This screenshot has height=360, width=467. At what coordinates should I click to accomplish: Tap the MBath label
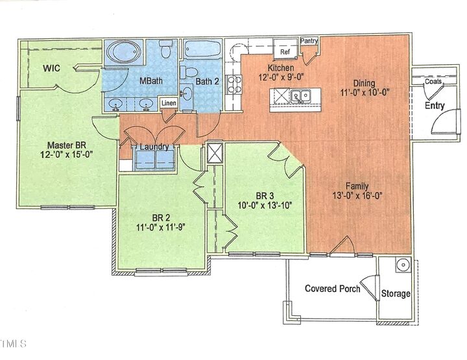[152, 81]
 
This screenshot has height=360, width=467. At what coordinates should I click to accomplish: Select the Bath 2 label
[208, 81]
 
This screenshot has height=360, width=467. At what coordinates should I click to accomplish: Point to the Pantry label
[309, 42]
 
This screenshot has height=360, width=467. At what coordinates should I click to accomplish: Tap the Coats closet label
[433, 82]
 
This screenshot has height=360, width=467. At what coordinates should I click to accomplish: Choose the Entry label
[435, 105]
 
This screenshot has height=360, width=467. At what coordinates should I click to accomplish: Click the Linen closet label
[168, 103]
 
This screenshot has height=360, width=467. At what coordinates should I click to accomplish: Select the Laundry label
[155, 147]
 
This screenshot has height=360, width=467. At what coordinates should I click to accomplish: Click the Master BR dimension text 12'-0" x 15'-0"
[67, 156]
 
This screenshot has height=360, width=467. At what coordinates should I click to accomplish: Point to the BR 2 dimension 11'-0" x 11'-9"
[160, 228]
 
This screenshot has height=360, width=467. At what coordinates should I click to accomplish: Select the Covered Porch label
[332, 289]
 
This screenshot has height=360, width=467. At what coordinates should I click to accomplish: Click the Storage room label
[396, 294]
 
